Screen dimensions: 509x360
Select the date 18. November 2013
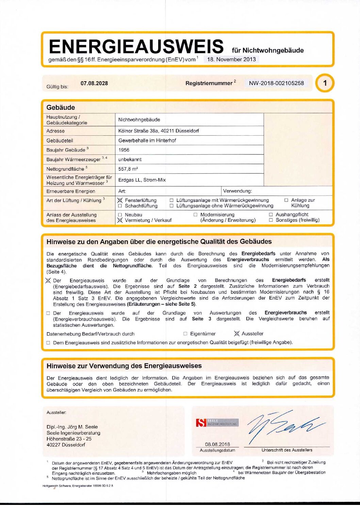(231, 59)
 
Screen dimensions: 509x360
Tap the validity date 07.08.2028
(94, 83)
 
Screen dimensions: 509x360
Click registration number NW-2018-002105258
(276, 83)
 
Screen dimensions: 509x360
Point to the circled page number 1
(325, 83)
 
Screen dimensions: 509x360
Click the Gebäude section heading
(61, 107)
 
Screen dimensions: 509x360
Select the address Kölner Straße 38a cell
(159, 131)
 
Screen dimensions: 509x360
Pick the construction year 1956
(124, 150)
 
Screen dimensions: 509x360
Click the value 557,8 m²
(128, 169)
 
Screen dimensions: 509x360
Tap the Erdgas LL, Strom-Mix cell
(142, 180)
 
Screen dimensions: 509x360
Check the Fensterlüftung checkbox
(120, 201)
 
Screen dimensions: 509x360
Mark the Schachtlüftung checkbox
(120, 206)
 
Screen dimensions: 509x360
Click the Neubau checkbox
(120, 215)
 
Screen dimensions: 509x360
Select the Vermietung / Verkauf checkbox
(120, 220)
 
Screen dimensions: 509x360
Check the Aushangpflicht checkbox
(271, 215)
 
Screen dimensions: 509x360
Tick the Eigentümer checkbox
(185, 334)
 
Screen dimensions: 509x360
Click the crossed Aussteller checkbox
(237, 334)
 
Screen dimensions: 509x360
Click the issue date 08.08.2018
(217, 444)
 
